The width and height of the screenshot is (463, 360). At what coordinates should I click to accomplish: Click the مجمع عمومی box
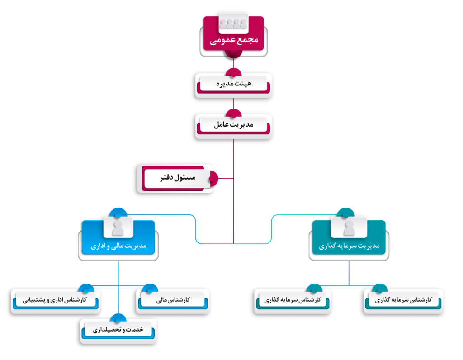coord(233,40)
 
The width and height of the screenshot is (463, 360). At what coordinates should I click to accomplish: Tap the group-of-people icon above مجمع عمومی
coord(233,21)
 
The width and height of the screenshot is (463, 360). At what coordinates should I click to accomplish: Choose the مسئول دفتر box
coord(177,178)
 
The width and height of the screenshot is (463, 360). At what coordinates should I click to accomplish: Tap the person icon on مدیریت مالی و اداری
coord(118,227)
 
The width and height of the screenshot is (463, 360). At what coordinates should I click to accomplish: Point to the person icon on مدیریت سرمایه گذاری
coord(349,227)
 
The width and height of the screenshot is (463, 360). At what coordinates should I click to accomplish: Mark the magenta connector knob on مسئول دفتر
coord(214,178)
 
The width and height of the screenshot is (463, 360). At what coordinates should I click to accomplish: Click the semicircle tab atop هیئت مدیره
coord(233,72)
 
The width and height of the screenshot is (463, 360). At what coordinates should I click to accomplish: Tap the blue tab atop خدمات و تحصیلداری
coord(118,317)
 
